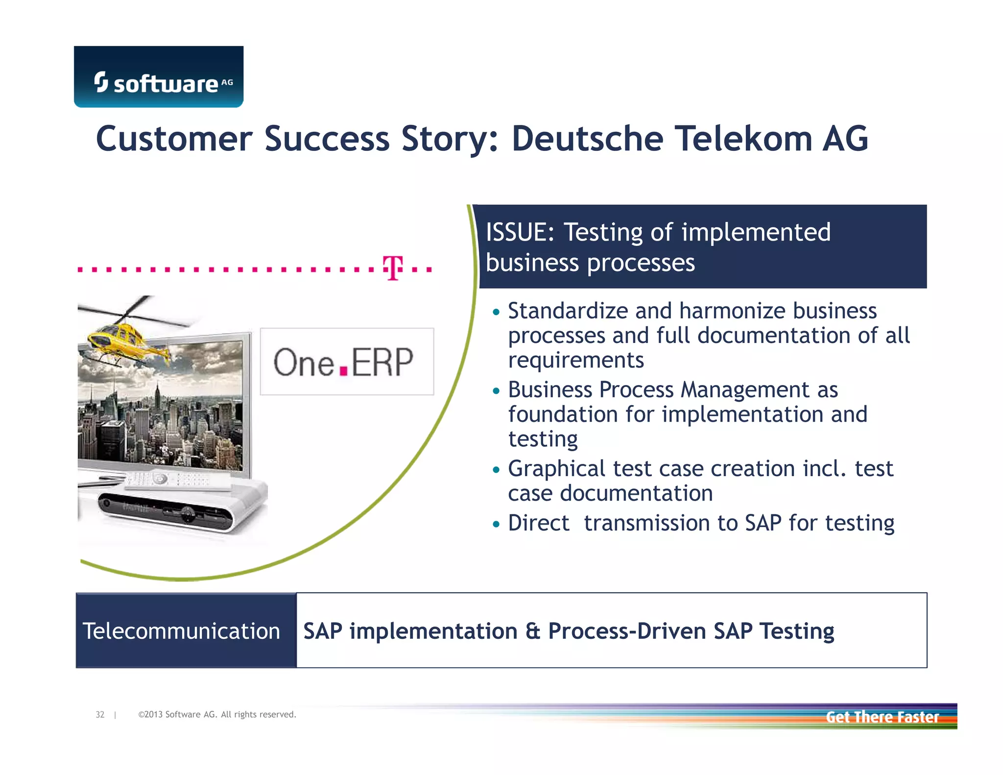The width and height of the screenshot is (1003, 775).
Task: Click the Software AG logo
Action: [x=158, y=77]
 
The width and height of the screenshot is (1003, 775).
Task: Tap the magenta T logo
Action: [x=393, y=268]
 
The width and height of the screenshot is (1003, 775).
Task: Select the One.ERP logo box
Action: [x=347, y=362]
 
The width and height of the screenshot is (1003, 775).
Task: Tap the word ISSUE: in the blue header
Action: [x=520, y=232]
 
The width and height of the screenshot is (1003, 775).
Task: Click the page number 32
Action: [x=100, y=714]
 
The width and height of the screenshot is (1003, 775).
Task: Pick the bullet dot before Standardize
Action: [x=497, y=312]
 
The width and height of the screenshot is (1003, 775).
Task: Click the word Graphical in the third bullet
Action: [x=556, y=469]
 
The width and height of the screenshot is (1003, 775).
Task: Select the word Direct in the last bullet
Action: [x=538, y=523]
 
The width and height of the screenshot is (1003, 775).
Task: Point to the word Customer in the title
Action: [x=174, y=139]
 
